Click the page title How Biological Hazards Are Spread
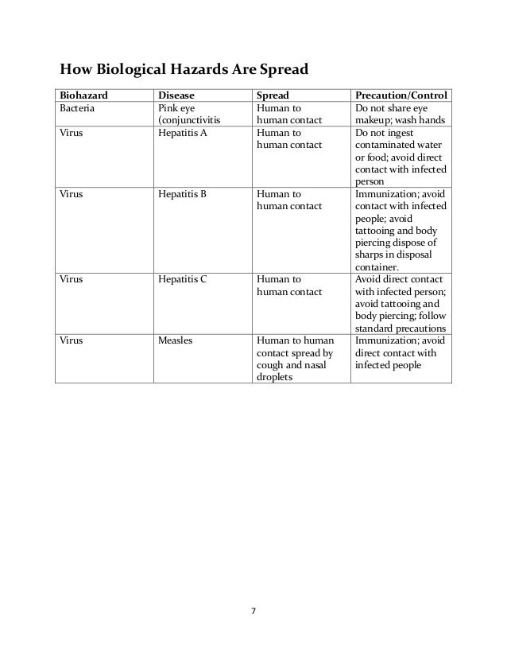178,66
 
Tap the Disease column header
176,95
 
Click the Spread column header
273,95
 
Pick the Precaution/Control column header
401,95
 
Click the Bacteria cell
78,108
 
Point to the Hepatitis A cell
183,134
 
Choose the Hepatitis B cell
183,193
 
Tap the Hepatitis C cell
183,279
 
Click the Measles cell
176,340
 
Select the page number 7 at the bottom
253,612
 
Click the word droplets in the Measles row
273,378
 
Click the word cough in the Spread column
269,365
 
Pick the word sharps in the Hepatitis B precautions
371,255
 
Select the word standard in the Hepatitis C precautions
377,328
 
